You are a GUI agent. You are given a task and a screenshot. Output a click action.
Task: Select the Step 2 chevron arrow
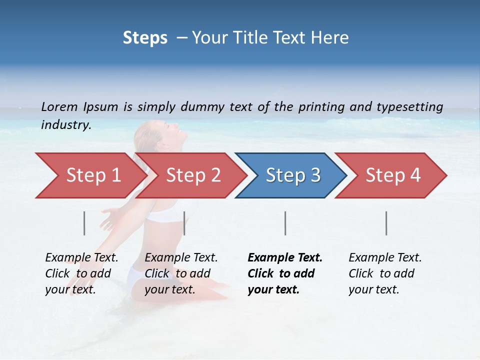tap(192, 175)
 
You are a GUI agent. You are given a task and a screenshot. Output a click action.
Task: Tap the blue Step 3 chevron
tap(292, 175)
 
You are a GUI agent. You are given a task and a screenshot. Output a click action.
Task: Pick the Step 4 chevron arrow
tap(392, 175)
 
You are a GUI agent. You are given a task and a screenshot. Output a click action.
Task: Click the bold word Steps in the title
tap(145, 38)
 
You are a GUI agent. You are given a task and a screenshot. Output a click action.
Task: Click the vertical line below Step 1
tap(84, 223)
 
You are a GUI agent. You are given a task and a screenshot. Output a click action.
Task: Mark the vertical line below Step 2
tap(184, 223)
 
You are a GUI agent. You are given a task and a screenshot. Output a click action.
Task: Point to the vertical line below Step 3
tap(285, 223)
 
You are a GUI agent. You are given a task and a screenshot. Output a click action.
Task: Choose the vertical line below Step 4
tap(386, 223)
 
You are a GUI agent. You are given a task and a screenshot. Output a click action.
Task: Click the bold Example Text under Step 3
tap(285, 258)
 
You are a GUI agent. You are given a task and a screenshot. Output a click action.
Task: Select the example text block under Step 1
tap(81, 273)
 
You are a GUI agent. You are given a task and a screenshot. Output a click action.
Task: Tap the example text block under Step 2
tap(181, 273)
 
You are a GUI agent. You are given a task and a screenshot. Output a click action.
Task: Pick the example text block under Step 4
tap(385, 273)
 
